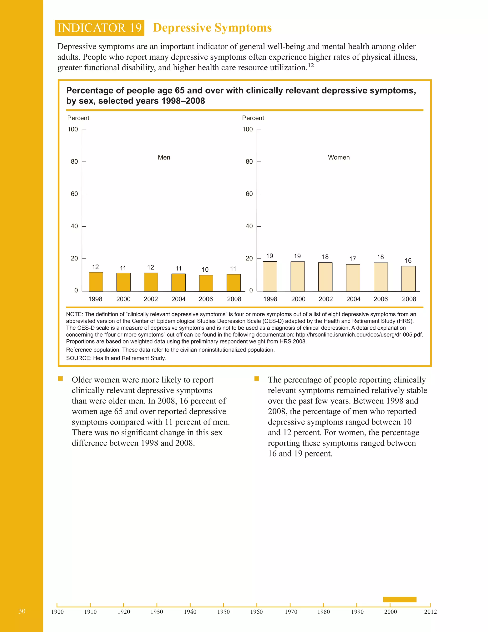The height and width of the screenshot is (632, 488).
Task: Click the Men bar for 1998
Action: point(96,282)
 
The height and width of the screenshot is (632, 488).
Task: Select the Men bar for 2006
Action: point(206,283)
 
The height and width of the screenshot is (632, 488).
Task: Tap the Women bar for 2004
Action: point(353,278)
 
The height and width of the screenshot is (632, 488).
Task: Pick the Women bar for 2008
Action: point(408,278)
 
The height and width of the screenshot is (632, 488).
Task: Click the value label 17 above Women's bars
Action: point(352,259)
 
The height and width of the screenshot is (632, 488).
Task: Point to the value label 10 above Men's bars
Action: point(205,269)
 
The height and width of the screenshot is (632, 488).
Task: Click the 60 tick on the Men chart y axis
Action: point(74,194)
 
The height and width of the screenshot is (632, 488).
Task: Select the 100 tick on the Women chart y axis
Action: point(248,129)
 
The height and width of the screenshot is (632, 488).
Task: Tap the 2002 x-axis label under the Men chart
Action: point(151,299)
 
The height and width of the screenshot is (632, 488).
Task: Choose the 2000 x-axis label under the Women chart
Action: point(298,299)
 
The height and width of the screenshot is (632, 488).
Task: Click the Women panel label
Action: point(339,157)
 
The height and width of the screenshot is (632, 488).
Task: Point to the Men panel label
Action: point(164,157)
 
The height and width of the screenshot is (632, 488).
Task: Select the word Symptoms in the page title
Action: point(243,28)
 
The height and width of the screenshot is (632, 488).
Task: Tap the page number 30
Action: point(22,611)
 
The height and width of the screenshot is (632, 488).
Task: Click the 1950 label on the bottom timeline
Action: point(223,612)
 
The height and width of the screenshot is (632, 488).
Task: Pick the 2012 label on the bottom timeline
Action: point(430,612)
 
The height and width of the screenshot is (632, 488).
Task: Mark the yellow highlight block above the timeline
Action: point(400,599)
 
